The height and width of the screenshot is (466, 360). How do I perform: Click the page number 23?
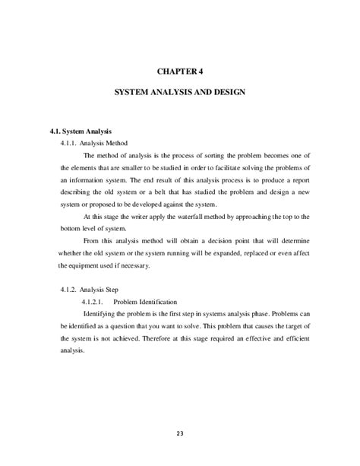click(x=179, y=433)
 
